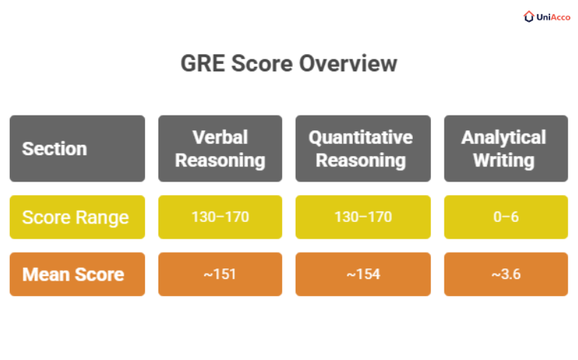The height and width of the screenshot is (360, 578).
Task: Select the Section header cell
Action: point(77,148)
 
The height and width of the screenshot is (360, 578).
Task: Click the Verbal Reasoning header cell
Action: point(220,148)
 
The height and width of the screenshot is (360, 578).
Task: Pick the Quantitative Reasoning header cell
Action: point(363,148)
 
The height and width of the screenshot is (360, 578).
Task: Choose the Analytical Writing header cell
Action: point(504,148)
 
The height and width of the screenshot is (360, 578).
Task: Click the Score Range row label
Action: point(77,217)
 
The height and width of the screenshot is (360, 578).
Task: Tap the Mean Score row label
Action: point(77,274)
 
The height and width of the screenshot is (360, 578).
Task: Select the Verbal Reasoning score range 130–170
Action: point(220,217)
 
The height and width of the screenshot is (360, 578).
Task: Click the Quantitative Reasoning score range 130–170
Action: point(363,217)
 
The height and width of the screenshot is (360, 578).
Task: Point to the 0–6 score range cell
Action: point(504,217)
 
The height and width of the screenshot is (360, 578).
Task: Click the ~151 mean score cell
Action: point(220,274)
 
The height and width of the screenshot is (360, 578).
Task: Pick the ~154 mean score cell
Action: point(363,274)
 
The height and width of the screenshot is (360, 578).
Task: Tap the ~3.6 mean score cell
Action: point(504,274)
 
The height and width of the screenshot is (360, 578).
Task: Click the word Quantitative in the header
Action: point(360,137)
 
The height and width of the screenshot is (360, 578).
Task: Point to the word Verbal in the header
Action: point(220,137)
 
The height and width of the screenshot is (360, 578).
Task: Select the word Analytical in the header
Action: point(504,137)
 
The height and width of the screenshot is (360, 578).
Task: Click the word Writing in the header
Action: point(504,160)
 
